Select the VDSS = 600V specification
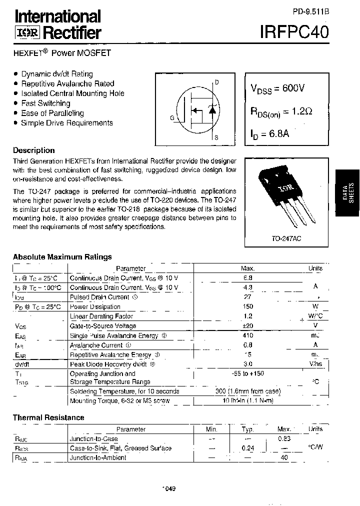click(x=277, y=88)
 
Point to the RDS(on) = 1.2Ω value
click(x=282, y=111)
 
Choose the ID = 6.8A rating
click(x=270, y=133)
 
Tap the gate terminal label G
click(x=172, y=118)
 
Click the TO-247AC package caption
click(x=286, y=239)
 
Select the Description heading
click(x=33, y=150)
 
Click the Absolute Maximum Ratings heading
click(x=62, y=257)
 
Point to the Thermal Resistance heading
click(x=48, y=417)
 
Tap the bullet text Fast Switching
click(x=45, y=103)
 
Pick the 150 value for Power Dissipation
click(x=247, y=306)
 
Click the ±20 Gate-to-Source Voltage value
click(x=247, y=326)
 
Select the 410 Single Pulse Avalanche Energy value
click(x=247, y=335)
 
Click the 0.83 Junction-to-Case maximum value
click(x=284, y=438)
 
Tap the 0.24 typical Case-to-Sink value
click(x=248, y=448)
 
